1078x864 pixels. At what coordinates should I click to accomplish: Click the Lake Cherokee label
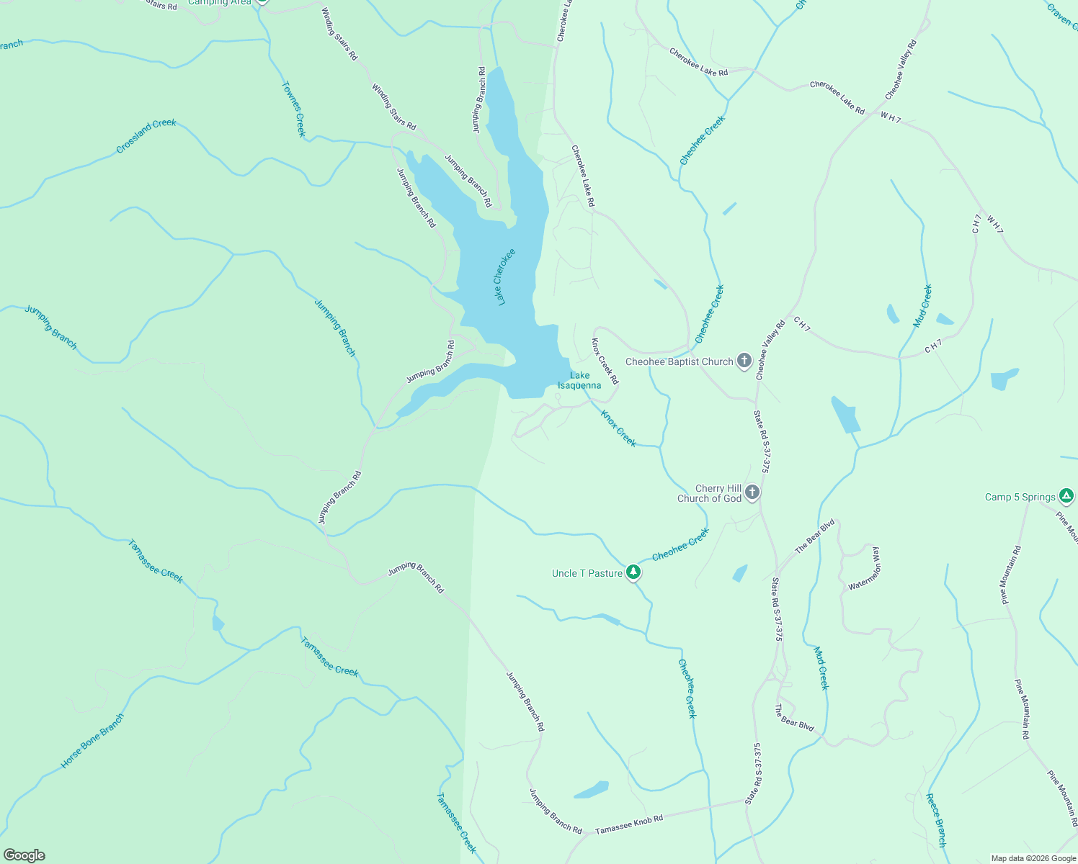coord(505,277)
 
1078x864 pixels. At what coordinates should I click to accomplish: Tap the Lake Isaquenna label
coord(579,380)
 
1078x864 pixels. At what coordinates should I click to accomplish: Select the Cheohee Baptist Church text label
coord(679,361)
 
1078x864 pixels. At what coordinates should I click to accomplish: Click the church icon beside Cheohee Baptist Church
coord(744,361)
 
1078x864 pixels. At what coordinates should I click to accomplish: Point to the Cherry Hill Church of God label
coord(709,493)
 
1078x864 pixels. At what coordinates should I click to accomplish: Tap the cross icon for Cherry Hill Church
coord(752,492)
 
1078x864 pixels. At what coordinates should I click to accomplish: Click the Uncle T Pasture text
coord(587,573)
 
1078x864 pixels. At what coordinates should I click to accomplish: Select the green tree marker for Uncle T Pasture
coord(633,572)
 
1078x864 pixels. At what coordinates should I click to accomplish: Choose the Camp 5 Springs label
coord(1020,497)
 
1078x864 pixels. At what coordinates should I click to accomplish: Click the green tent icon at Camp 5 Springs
coord(1066,496)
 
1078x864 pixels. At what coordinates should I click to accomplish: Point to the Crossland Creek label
coord(146,136)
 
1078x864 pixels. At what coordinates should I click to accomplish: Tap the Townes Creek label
coord(294,109)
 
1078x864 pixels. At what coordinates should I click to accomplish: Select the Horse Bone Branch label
coord(92,740)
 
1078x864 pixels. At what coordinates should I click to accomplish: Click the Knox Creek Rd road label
coord(605,361)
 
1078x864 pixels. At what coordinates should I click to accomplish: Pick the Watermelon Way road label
coord(865,569)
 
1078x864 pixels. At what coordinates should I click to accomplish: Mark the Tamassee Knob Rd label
coord(629,825)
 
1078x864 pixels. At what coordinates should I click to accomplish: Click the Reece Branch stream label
coord(936,820)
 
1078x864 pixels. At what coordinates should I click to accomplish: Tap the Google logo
coord(24,855)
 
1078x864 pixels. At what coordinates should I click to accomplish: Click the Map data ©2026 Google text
coord(1033,858)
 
